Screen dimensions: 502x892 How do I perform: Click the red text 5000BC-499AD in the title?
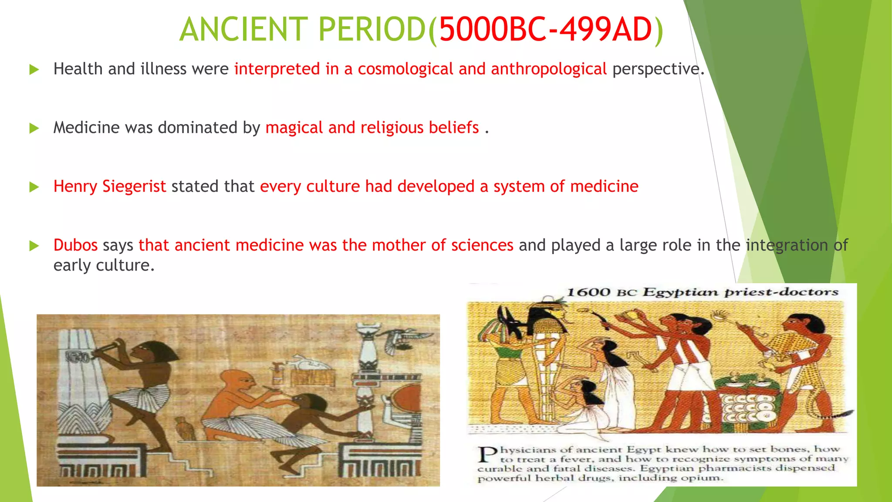545,30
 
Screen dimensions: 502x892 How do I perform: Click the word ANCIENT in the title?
244,30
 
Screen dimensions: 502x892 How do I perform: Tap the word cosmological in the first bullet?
405,69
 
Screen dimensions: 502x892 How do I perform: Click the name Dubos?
75,245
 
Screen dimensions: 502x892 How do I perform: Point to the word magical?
294,128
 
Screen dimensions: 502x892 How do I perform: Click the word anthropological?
548,69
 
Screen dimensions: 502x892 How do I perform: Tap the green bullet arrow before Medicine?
34,128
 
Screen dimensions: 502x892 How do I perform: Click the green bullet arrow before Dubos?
34,246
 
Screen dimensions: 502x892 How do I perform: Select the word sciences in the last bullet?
482,245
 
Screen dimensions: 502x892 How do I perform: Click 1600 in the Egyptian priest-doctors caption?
588,292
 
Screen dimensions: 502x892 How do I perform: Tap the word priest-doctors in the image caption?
781,292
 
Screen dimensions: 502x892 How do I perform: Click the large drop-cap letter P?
487,455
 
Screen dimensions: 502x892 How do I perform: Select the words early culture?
104,265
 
